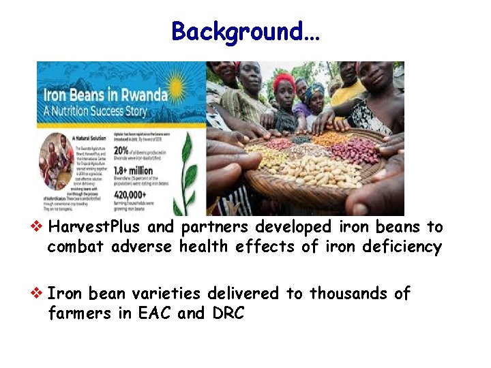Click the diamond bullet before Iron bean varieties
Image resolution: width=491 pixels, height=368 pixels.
(42, 294)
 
